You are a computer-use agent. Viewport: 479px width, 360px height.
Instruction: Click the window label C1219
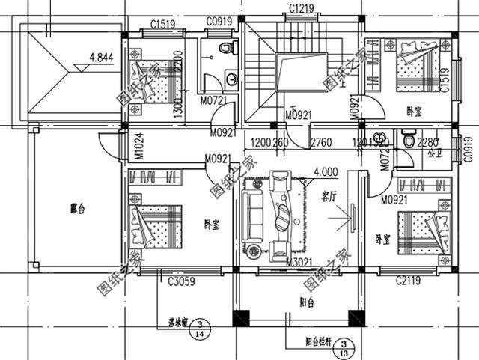302,8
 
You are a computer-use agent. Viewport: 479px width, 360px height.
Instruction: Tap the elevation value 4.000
326,171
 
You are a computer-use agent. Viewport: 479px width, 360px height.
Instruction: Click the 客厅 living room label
329,197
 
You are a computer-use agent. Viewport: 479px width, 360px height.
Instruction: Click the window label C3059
182,281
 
